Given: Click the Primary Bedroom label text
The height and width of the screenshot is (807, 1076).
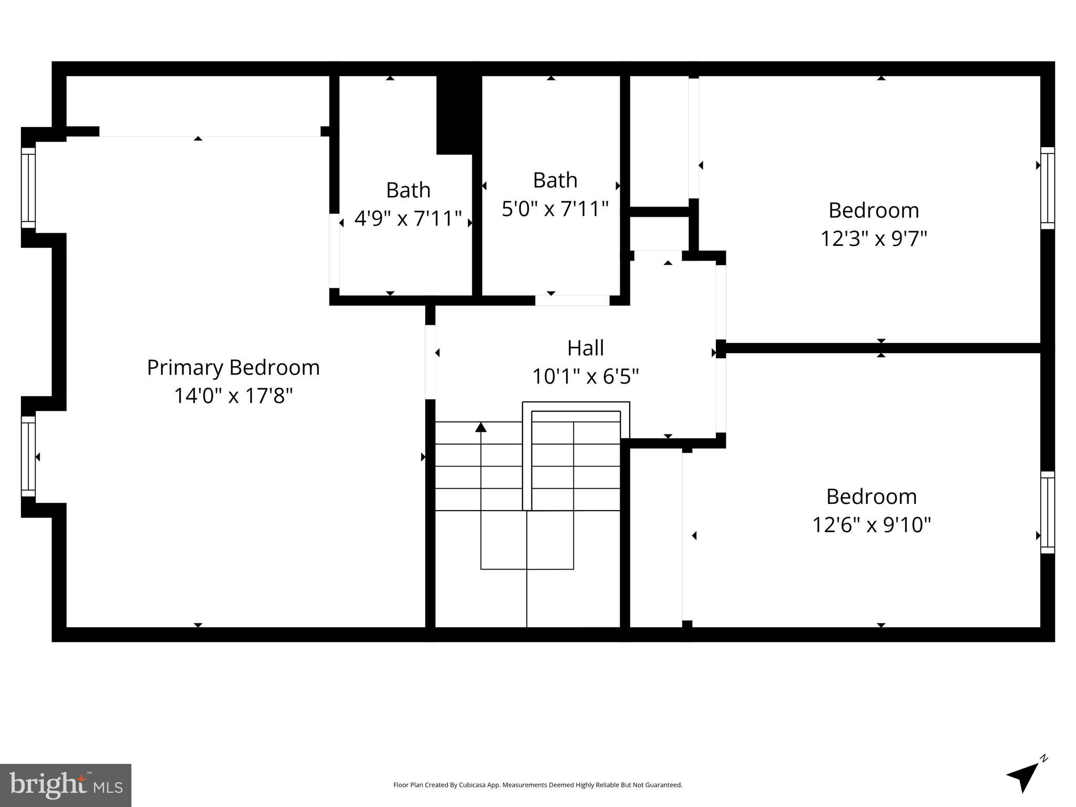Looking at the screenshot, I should pos(233,367).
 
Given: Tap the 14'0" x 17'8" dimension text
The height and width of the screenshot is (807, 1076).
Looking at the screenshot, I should pos(233,396).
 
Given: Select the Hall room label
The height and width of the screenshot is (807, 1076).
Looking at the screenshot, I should pos(585,348).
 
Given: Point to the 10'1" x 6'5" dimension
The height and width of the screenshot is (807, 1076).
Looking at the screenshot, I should pos(585,376).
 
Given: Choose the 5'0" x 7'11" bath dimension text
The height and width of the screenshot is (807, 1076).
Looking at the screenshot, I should pos(555,209).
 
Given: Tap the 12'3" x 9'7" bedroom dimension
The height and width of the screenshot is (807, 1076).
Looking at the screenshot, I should pos(873,239).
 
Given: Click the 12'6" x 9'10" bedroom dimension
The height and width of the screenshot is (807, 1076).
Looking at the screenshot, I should pos(871,525).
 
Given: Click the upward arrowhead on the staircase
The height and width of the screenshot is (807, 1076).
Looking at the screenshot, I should pos(480,427).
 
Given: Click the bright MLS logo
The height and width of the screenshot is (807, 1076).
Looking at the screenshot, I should pos(66,785).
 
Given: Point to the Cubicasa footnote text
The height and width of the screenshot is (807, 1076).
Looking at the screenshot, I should pos(537,785).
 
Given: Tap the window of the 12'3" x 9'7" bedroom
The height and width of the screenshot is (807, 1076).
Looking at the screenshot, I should pos(1047,188).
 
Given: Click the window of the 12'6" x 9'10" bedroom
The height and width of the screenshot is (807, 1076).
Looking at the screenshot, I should pos(1047,512).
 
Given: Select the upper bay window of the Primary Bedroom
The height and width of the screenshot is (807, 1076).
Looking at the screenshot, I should pos(28,188).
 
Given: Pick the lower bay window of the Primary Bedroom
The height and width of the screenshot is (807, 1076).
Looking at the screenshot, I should pos(28,456).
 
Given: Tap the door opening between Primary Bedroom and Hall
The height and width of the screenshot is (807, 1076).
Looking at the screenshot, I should pos(430,362).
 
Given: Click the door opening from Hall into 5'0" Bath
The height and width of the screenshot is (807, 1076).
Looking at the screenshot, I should pos(572,301).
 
